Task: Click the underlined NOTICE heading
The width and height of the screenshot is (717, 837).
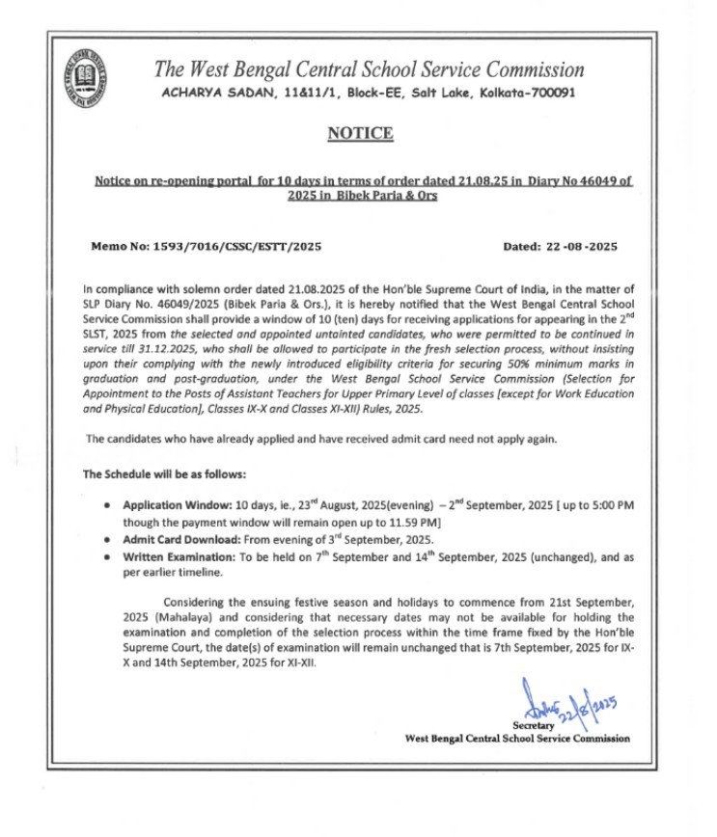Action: (x=358, y=133)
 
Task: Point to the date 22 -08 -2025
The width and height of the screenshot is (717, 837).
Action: (x=577, y=246)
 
